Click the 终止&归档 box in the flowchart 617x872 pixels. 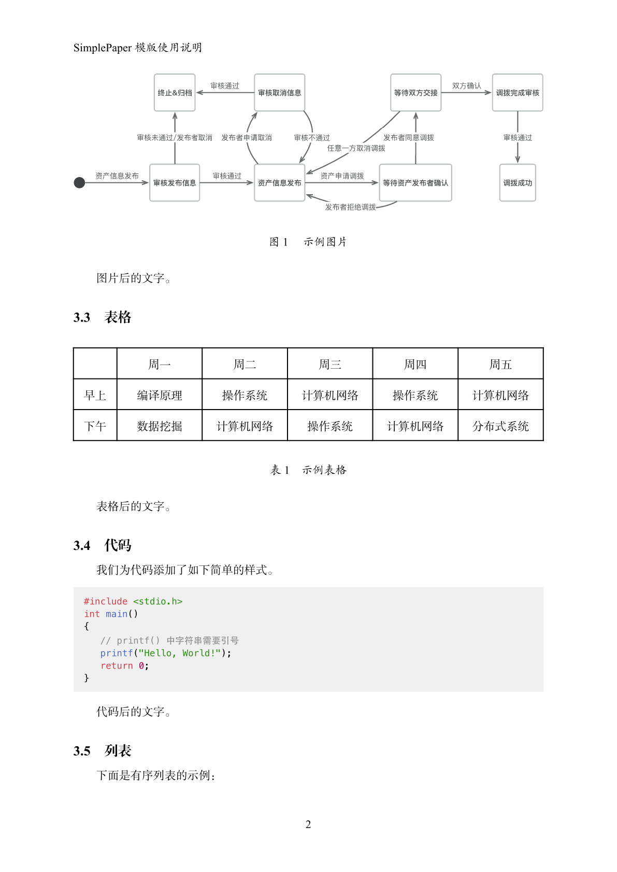point(175,93)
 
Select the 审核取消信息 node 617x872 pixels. point(279,93)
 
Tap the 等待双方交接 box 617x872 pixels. point(415,93)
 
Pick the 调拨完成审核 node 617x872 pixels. point(518,93)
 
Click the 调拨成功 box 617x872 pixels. point(518,183)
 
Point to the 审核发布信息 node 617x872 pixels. point(175,183)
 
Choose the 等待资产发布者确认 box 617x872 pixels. point(415,183)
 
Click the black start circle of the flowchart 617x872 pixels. point(79,183)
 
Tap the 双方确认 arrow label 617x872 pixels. point(466,86)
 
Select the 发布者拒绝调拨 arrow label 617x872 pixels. point(351,207)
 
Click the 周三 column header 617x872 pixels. point(330,365)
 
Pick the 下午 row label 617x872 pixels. point(95,426)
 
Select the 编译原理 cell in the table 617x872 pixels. point(160,396)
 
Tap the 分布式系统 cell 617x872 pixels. point(500,426)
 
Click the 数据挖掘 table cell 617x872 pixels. point(160,426)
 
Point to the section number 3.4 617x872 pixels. point(82,546)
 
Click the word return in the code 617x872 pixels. point(117,666)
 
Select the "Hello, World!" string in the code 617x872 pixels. point(180,653)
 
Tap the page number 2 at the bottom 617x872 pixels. point(308,824)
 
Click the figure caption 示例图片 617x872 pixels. point(325,242)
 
